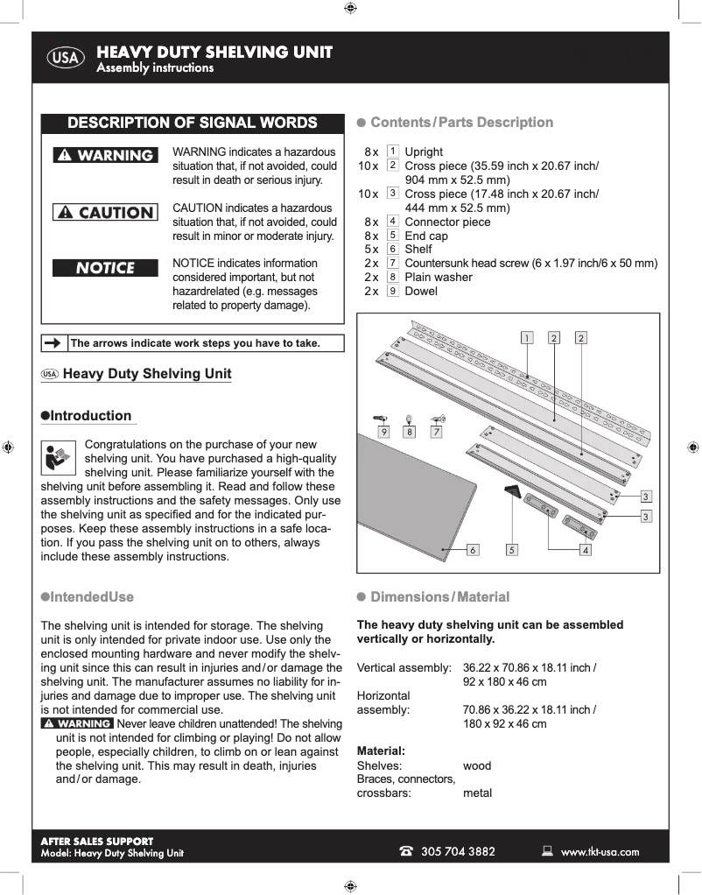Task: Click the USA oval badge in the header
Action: [66, 59]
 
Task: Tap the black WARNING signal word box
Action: [105, 156]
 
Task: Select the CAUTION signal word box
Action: [105, 213]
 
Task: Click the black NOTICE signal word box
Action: [105, 268]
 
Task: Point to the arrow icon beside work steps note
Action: [54, 343]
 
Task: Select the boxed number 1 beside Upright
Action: [393, 152]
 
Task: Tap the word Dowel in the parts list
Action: [421, 291]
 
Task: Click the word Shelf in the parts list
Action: [418, 250]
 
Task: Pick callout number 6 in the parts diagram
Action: [473, 551]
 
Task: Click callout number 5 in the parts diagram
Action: [512, 551]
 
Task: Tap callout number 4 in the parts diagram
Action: [585, 551]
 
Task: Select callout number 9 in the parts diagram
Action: [383, 431]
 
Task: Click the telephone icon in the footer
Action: [406, 851]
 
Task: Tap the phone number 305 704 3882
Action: [458, 851]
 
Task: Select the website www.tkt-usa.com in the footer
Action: [600, 851]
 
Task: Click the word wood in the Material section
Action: [477, 765]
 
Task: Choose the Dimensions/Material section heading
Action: [439, 597]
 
